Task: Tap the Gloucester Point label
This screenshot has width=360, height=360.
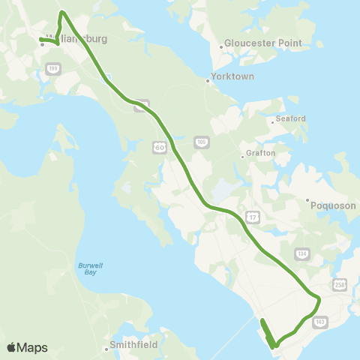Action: (262, 43)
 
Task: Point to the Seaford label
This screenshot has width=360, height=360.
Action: (291, 118)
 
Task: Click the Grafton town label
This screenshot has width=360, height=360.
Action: (260, 154)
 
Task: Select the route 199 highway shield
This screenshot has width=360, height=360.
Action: (52, 69)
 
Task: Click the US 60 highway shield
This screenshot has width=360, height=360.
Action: (160, 147)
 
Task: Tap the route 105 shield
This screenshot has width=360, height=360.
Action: (201, 141)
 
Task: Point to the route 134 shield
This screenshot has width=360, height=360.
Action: (301, 253)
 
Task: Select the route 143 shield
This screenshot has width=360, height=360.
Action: (321, 320)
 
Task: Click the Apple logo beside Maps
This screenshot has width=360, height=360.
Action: (11, 347)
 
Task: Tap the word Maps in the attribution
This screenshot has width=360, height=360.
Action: (32, 347)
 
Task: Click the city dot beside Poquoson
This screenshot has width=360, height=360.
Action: (307, 200)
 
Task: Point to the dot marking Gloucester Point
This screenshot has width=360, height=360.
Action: (220, 46)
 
